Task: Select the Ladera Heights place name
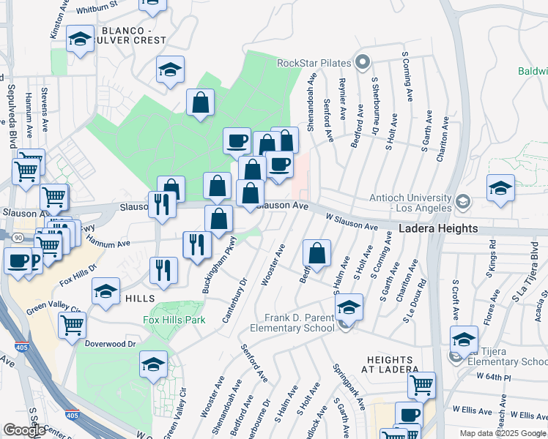pos(439,229)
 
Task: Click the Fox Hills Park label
pos(173,320)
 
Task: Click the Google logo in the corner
pos(24,430)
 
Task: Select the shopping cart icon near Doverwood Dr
pos(72,324)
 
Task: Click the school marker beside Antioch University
pos(500,188)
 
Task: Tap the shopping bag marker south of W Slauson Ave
pos(316,253)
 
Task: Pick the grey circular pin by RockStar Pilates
pos(360,62)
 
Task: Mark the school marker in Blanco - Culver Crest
pos(80,40)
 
